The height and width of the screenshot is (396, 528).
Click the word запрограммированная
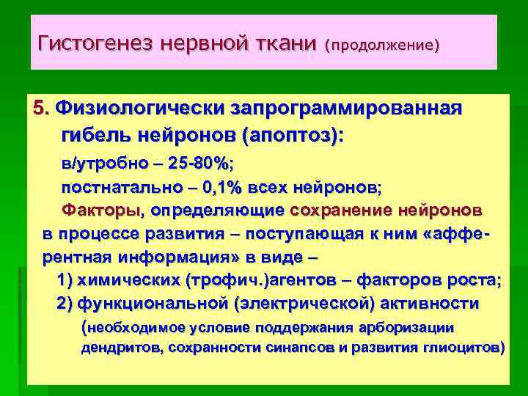pos(347,109)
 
